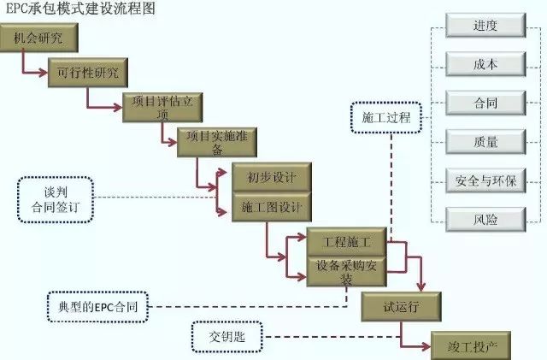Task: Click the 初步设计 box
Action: click(271, 178)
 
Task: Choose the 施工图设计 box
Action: click(271, 208)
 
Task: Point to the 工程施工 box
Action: click(346, 241)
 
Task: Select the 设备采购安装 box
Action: click(346, 270)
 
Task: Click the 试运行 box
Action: click(401, 304)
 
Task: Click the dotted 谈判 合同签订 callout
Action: click(53, 199)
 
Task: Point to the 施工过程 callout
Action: click(386, 118)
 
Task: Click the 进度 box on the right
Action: click(485, 26)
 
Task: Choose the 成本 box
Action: click(485, 64)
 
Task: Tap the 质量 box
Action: click(485, 142)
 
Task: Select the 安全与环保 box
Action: click(485, 180)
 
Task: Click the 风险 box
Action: click(485, 219)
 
